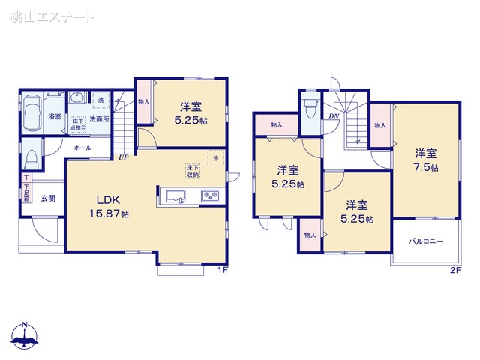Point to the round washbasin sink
[x=76, y=98]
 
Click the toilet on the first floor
[x=31, y=157]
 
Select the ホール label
[x=83, y=148]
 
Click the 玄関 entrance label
[x=47, y=199]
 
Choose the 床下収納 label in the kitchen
[x=193, y=171]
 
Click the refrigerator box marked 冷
[x=214, y=160]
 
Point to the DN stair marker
[x=331, y=117]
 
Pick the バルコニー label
[x=425, y=241]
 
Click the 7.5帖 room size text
[x=425, y=167]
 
